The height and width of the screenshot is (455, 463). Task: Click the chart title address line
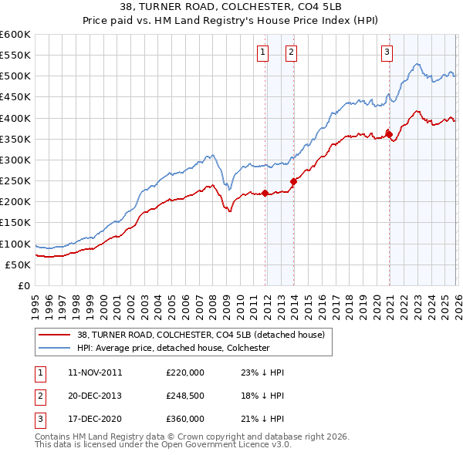click(x=231, y=6)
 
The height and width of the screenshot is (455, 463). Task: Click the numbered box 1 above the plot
click(x=263, y=52)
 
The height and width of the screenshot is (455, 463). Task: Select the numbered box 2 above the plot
click(x=291, y=52)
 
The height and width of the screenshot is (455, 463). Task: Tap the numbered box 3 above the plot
click(x=387, y=52)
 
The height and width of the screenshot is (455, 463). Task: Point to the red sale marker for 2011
click(x=265, y=193)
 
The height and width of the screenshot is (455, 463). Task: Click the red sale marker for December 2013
click(x=293, y=181)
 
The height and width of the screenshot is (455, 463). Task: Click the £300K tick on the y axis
click(x=15, y=160)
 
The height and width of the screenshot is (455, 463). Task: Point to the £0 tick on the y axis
click(x=24, y=285)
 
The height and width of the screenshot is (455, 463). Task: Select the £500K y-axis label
click(x=15, y=76)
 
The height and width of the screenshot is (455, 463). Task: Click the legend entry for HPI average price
click(x=173, y=348)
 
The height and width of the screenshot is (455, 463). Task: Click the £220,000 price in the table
click(x=185, y=372)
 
